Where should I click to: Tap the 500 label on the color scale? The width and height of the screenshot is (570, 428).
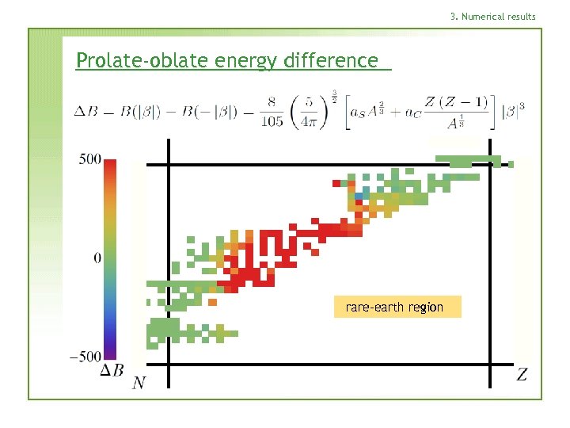coord(89,159)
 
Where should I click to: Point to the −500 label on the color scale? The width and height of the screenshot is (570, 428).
coord(85,357)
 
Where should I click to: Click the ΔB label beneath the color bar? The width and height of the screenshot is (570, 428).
coord(112,370)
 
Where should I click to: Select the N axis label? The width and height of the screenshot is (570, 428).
coord(139,384)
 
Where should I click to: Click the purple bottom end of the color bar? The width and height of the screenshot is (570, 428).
coord(111,353)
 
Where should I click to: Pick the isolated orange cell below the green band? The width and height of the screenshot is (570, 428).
coord(212,301)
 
